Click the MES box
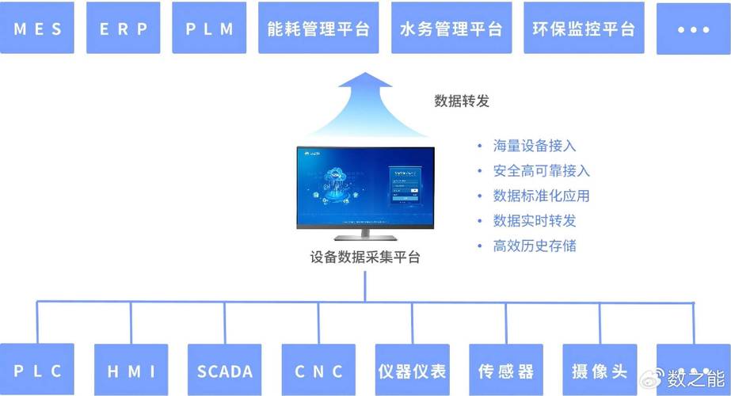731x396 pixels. click(37, 29)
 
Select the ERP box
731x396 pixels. click(124, 29)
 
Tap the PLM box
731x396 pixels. click(210, 29)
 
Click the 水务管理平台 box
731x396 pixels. click(451, 29)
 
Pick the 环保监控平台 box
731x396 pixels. click(584, 29)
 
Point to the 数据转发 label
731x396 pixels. click(462, 101)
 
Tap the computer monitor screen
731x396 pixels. click(365, 188)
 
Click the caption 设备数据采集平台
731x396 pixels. click(365, 257)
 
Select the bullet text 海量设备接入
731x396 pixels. click(535, 146)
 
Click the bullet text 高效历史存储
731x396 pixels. click(535, 246)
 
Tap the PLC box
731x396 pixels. click(37, 370)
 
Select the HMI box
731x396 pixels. click(131, 370)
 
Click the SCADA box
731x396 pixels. click(224, 370)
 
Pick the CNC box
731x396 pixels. click(318, 370)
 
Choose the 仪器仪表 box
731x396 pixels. click(412, 370)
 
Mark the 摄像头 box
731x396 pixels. click(600, 370)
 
